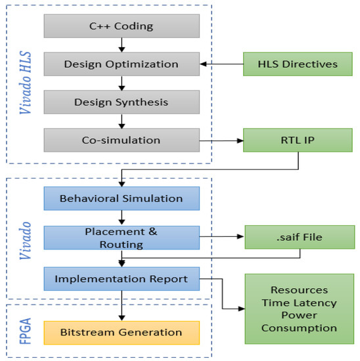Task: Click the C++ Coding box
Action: coord(121,26)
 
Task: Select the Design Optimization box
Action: coord(121,64)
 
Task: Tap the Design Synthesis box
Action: coord(121,102)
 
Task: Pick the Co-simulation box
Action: coord(121,140)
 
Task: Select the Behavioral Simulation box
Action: coord(121,198)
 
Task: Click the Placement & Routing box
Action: coord(121,237)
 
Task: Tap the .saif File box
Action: coord(300,237)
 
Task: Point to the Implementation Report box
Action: coord(121,279)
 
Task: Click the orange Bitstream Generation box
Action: coord(121,331)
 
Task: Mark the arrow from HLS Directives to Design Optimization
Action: coord(221,64)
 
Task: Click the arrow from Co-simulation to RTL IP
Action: coord(221,140)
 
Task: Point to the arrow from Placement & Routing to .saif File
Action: coord(221,237)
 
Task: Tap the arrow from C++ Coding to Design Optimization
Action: coord(122,45)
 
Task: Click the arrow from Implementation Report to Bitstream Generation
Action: coord(122,305)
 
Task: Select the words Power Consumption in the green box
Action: coord(299,322)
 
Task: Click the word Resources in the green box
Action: coord(299,289)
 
